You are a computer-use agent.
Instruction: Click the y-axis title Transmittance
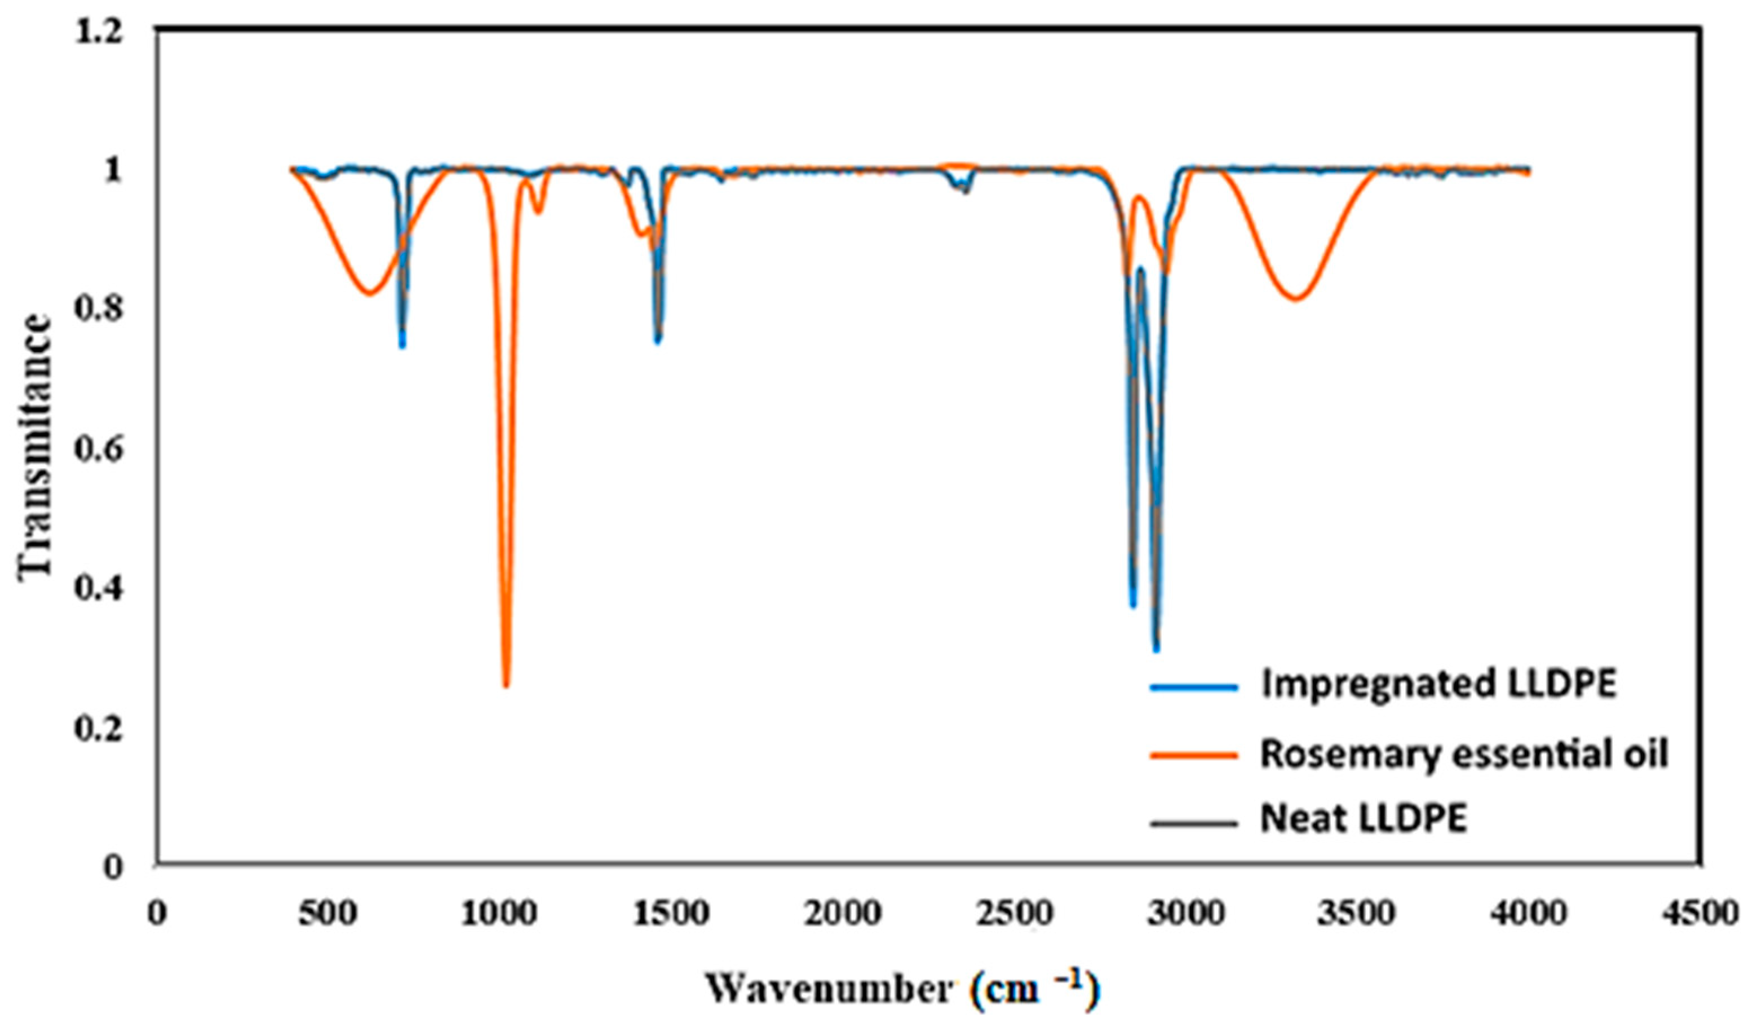[35, 446]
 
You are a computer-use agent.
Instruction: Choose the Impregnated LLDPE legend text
[1438, 685]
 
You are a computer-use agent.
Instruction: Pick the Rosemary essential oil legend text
[1464, 753]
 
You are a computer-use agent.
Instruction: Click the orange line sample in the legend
[1194, 755]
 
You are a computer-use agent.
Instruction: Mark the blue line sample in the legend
[1194, 687]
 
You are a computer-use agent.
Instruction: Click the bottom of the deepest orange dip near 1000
[506, 685]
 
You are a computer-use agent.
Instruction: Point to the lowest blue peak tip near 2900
[1156, 649]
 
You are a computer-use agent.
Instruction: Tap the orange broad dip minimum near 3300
[1295, 299]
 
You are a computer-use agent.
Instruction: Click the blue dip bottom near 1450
[657, 340]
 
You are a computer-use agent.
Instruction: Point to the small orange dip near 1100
[537, 212]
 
